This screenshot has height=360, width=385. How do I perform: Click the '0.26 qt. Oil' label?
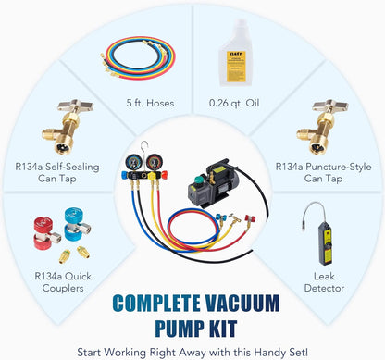(x=235, y=102)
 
